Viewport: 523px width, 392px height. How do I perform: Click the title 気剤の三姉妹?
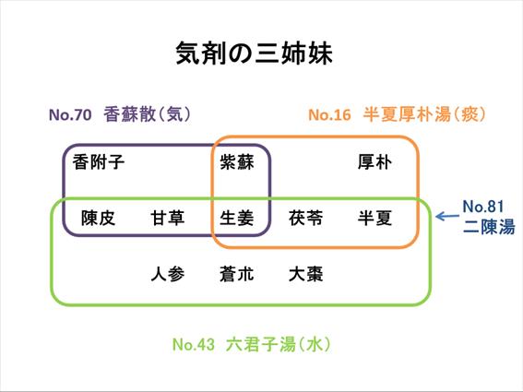(255, 53)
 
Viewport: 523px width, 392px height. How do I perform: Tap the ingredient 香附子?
(99, 162)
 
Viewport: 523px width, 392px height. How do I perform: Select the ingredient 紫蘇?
(237, 162)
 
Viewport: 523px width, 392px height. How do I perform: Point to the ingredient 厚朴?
(374, 162)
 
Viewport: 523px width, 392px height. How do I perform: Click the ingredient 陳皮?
(99, 219)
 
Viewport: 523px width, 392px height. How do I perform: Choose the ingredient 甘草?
(168, 219)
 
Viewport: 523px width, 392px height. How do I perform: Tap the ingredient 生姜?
(237, 219)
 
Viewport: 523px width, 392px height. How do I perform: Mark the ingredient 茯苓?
(306, 219)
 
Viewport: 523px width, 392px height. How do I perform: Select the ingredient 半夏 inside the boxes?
(374, 219)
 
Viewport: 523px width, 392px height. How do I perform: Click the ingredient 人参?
(168, 274)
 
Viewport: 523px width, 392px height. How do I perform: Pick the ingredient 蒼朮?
(237, 274)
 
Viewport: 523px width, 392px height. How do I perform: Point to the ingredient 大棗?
(306, 274)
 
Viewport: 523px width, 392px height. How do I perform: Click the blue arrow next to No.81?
(447, 217)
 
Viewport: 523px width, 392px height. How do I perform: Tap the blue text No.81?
(483, 207)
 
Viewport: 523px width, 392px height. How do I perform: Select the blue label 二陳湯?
(489, 227)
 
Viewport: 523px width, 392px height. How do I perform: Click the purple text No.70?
(70, 114)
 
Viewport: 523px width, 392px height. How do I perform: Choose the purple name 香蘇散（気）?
(147, 114)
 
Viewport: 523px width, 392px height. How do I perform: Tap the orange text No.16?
(329, 114)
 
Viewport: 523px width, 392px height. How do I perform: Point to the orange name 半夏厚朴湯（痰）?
(424, 114)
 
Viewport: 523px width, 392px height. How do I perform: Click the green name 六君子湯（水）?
(279, 344)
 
